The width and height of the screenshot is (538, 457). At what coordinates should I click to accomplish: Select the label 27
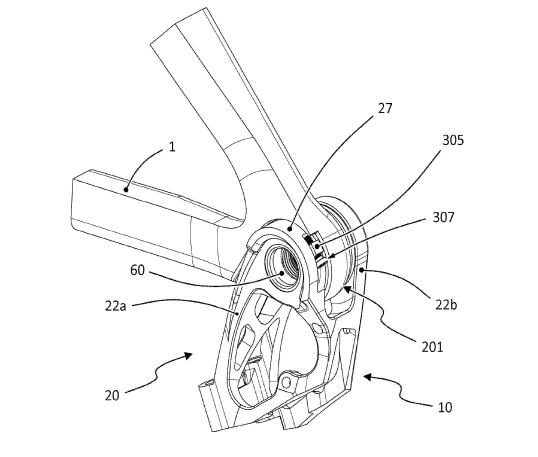coord(385,109)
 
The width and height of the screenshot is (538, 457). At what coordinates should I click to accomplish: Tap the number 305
coord(453,140)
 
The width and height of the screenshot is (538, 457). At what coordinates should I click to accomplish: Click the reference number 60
coord(138,270)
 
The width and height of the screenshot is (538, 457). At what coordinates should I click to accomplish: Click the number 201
coord(431,345)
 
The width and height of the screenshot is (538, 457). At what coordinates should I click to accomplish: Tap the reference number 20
coord(112,395)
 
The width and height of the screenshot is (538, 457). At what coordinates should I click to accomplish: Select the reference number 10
coord(444,407)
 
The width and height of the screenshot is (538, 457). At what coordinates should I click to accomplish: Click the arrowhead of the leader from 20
coord(191,354)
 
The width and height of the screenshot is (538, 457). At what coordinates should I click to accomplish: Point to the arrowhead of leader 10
coord(363,376)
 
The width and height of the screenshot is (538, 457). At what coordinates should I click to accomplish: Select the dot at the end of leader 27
coord(290,228)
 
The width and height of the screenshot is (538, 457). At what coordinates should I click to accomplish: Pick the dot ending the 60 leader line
coord(282,273)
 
